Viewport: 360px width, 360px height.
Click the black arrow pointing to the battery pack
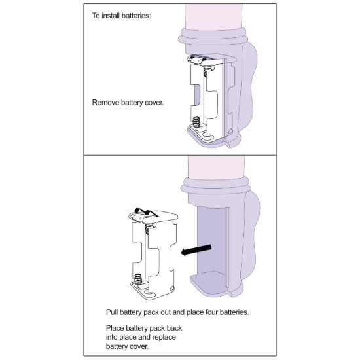pyautogui.click(x=196, y=250)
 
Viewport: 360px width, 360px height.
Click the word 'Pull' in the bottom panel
pyautogui.click(x=112, y=312)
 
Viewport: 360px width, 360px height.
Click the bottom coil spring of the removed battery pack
pyautogui.click(x=138, y=279)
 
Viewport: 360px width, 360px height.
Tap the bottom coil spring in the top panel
pyautogui.click(x=196, y=122)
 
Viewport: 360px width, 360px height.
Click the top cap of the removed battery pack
pyautogui.click(x=153, y=216)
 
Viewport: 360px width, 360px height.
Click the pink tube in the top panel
pyautogui.click(x=214, y=17)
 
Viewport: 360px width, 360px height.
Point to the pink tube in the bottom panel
pyautogui.click(x=216, y=168)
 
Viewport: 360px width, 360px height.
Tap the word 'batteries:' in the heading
pyautogui.click(x=136, y=16)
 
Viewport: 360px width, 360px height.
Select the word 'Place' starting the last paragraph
pyautogui.click(x=115, y=328)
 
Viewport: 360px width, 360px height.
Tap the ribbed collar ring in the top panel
pyautogui.click(x=213, y=37)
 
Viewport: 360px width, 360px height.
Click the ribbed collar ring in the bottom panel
pyautogui.click(x=215, y=185)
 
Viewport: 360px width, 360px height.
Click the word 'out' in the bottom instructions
pyautogui.click(x=165, y=312)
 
